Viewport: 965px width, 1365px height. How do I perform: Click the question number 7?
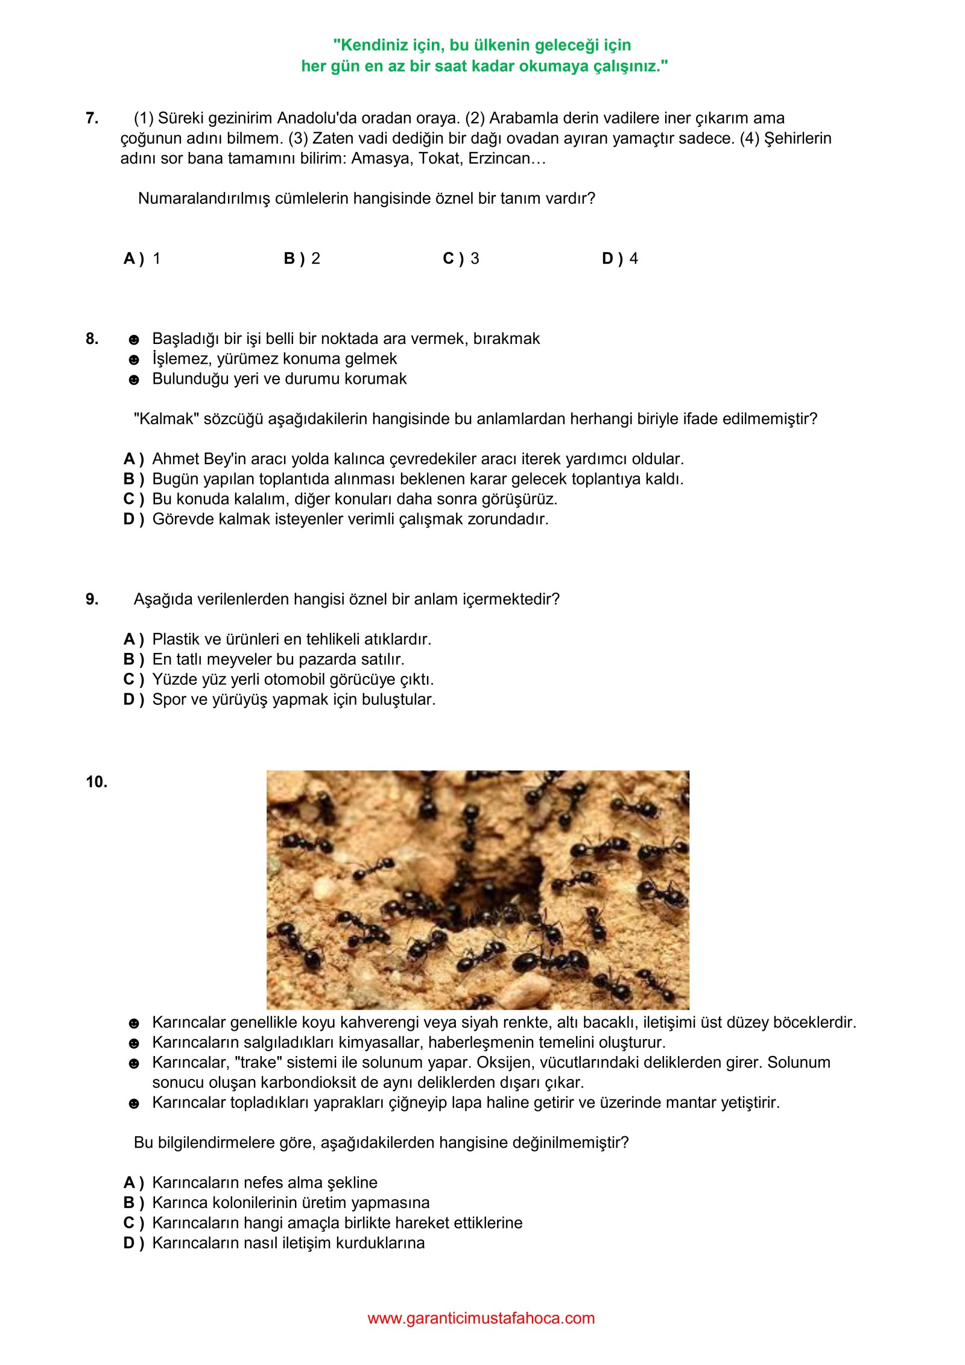[x=92, y=118]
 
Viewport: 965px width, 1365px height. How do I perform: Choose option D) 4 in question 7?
[x=619, y=259]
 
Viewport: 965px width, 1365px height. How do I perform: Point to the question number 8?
[x=92, y=339]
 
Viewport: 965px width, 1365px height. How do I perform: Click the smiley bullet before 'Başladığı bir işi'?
[x=134, y=340]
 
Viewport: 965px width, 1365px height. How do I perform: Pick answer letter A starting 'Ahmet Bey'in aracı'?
[x=130, y=459]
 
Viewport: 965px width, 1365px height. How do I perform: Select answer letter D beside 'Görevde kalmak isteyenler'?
[x=130, y=519]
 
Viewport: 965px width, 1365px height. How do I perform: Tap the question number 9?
[x=92, y=599]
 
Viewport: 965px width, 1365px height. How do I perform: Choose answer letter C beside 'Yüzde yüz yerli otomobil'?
[x=130, y=679]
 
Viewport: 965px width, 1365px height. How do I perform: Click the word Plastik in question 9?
[x=176, y=639]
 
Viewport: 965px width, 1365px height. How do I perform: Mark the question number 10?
[x=96, y=782]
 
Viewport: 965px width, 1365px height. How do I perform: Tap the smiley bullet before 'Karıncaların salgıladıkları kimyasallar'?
[x=134, y=1043]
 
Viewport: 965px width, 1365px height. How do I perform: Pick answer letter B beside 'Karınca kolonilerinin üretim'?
[x=130, y=1203]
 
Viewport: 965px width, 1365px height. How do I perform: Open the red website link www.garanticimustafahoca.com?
[x=481, y=1318]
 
